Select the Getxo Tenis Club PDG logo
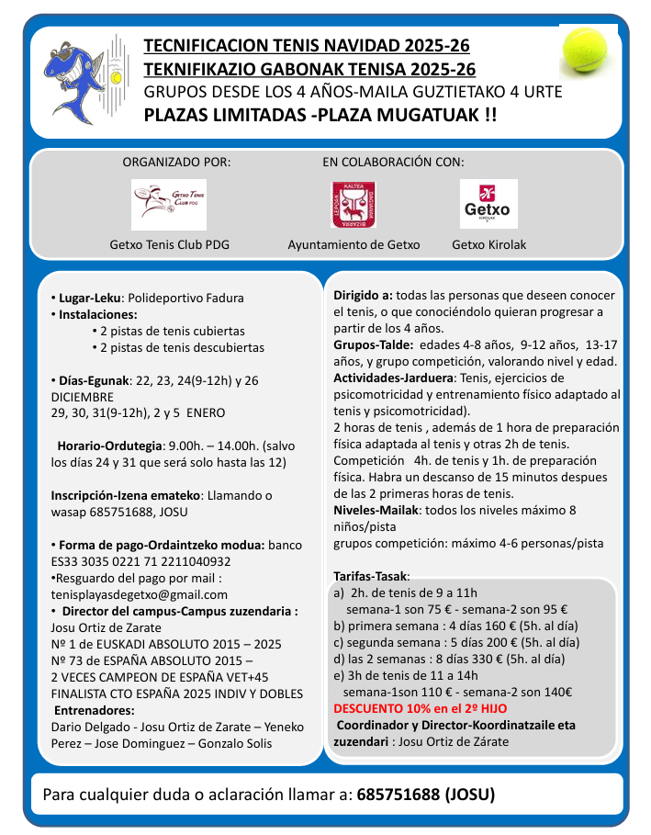tap(168, 204)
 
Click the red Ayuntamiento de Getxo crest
tap(354, 204)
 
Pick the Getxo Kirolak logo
tap(488, 204)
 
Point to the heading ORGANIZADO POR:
tap(177, 162)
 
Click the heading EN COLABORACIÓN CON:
tap(393, 162)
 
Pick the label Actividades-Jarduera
tap(393, 378)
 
